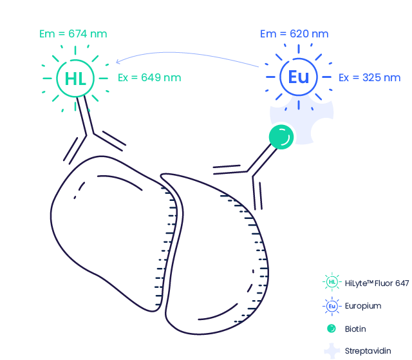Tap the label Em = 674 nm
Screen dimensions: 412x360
click(x=73, y=34)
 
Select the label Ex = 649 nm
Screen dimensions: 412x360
click(x=149, y=78)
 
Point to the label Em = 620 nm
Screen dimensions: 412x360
click(x=294, y=34)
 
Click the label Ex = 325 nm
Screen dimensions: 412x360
click(x=370, y=78)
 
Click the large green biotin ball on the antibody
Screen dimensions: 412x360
click(x=281, y=137)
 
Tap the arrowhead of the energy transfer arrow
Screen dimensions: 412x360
click(x=118, y=61)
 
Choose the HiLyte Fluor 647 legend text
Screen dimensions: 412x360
click(x=377, y=283)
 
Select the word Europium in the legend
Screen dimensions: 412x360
click(x=363, y=306)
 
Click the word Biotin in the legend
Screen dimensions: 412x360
click(x=355, y=329)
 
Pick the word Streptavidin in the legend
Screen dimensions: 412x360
click(x=368, y=351)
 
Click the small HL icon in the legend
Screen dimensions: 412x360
click(x=332, y=282)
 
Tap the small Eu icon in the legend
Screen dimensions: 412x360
click(x=332, y=306)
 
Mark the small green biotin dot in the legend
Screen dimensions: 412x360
click(x=332, y=328)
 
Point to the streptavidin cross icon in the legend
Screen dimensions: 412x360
click(x=332, y=351)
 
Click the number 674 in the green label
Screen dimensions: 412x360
click(x=77, y=34)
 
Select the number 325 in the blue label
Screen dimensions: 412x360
click(x=372, y=78)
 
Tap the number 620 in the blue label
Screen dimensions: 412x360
click(x=299, y=34)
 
